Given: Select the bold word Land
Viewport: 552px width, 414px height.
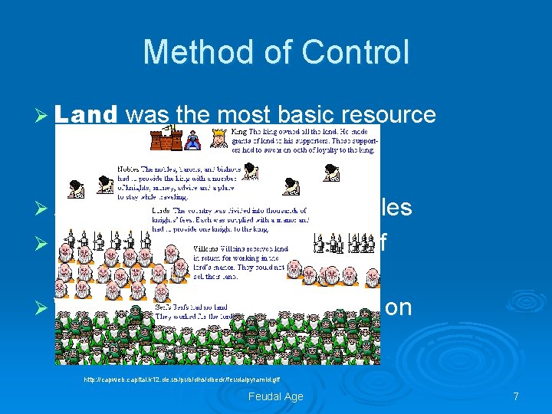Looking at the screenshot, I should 85,115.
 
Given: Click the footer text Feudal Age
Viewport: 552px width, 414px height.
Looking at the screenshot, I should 275,396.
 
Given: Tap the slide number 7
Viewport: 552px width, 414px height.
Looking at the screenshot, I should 516,396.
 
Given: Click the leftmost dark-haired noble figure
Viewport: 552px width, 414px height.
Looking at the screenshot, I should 77,184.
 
